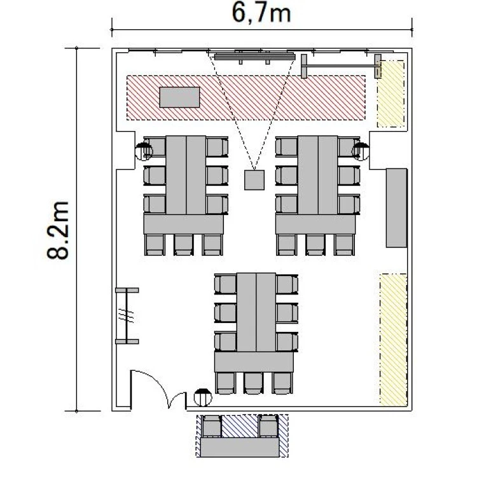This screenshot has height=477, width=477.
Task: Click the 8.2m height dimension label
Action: (58, 230)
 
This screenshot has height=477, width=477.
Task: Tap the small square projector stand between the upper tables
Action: (254, 180)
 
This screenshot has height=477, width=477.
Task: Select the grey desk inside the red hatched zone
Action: (179, 97)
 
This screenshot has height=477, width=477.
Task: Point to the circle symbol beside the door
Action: (203, 397)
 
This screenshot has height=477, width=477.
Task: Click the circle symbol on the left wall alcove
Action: (144, 151)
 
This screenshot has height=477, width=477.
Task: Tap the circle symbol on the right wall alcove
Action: (361, 151)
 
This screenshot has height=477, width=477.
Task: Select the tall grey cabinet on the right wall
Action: (397, 208)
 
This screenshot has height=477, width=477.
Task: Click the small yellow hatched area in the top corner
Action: (391, 93)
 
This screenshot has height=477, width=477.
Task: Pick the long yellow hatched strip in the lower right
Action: (393, 340)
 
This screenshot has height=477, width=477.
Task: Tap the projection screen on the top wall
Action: (254, 57)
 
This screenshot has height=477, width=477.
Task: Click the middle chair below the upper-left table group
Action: (183, 245)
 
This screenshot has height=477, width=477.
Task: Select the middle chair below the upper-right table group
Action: (315, 245)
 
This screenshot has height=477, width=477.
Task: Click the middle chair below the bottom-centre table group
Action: (253, 383)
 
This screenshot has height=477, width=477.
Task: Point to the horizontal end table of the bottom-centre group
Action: (254, 362)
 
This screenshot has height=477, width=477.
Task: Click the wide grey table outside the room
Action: (240, 447)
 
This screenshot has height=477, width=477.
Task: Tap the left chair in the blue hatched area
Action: (212, 426)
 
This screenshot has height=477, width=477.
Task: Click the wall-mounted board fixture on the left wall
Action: (127, 315)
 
